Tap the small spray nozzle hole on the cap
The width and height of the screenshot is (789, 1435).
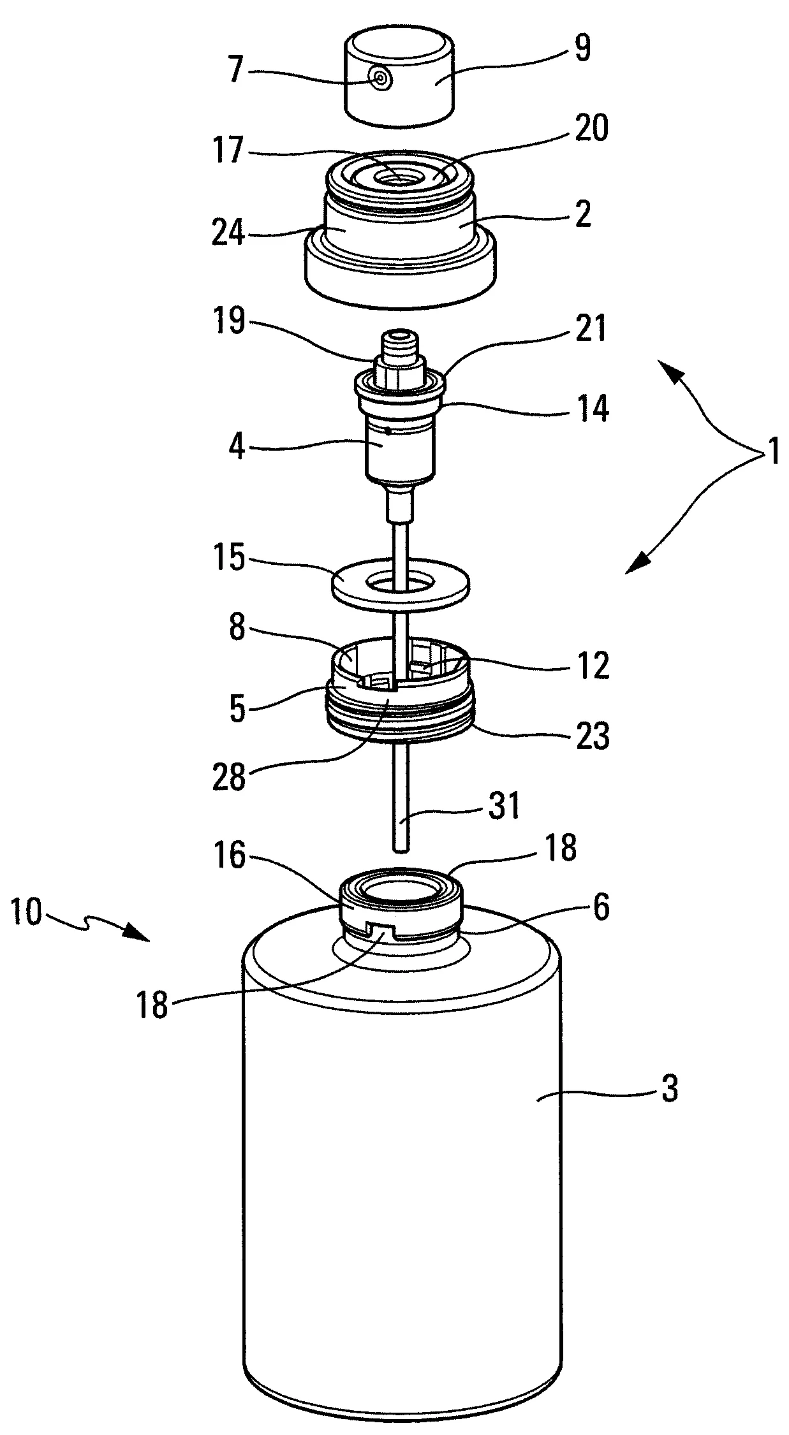381,80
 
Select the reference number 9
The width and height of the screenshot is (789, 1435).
582,50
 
